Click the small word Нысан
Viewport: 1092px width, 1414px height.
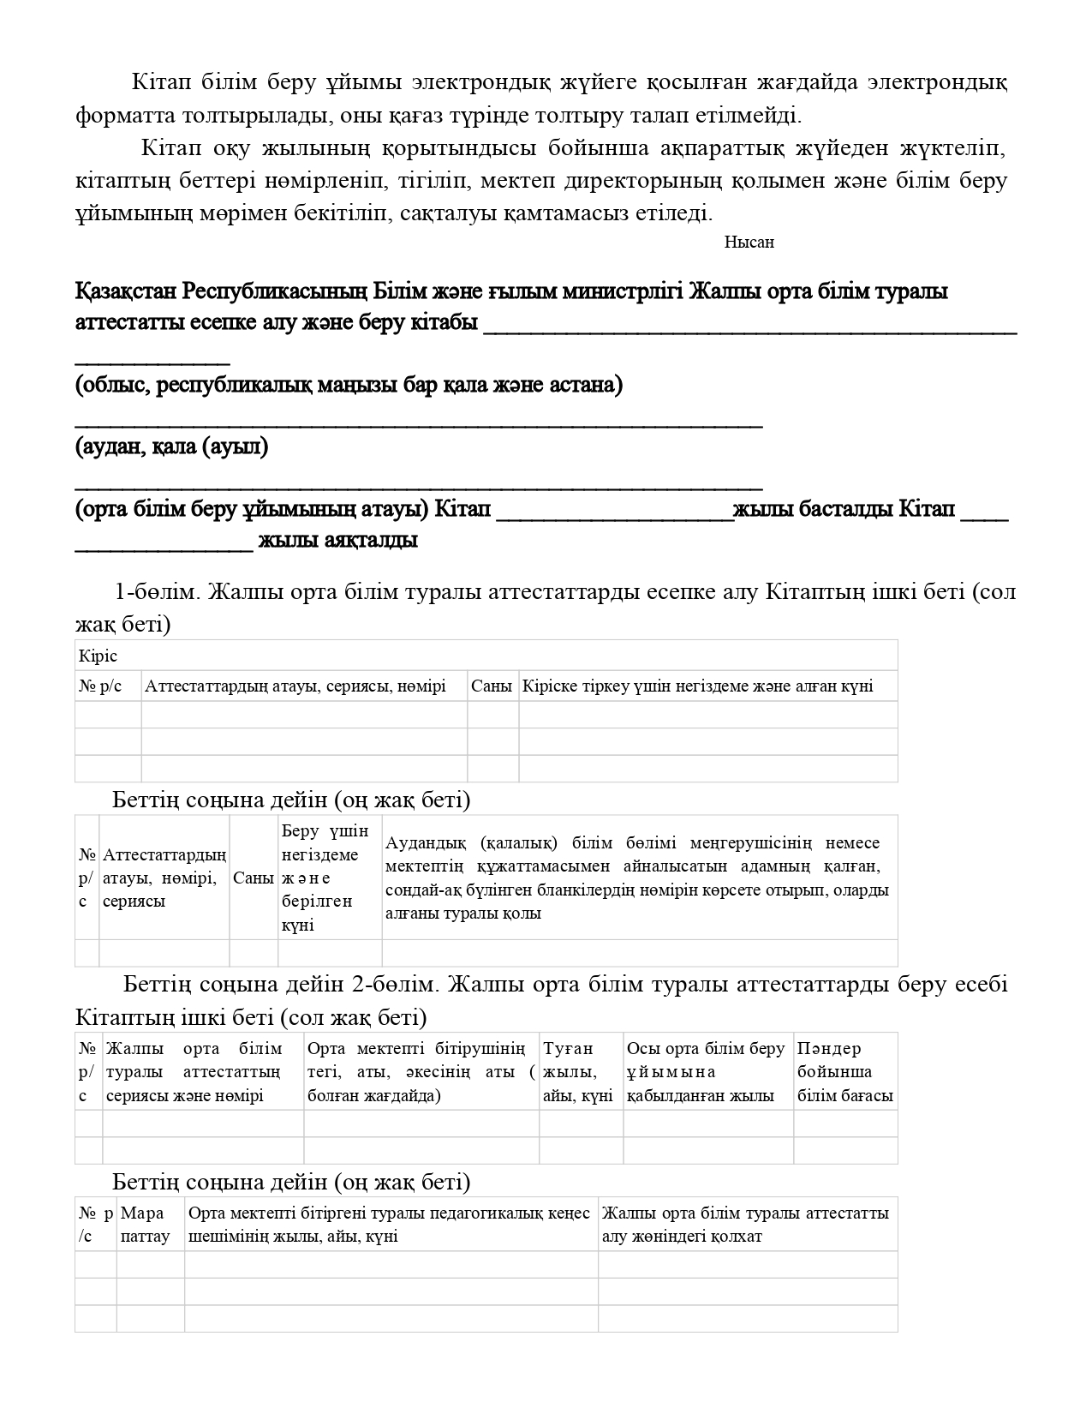point(749,243)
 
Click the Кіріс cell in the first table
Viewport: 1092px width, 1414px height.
point(98,656)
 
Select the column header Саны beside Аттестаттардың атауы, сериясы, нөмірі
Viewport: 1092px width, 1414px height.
point(492,686)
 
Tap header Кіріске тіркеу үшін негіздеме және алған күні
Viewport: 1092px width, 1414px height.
point(697,686)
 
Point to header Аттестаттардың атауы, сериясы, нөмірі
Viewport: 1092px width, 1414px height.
point(295,686)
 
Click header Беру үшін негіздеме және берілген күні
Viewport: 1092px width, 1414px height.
point(329,878)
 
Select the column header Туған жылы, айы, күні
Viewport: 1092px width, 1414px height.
point(579,1071)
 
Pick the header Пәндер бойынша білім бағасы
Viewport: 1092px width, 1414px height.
point(844,1071)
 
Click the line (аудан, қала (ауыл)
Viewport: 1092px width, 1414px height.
point(171,446)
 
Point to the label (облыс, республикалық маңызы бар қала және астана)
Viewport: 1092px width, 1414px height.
point(349,385)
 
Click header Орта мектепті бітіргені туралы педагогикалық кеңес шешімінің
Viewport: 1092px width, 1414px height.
point(390,1225)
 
